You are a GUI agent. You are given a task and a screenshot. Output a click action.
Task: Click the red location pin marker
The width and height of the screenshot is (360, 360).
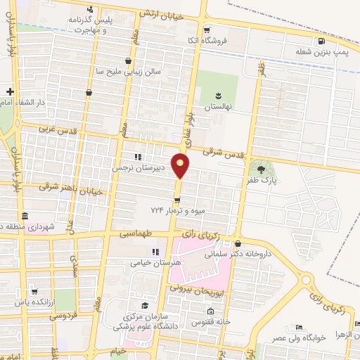tap(181, 165)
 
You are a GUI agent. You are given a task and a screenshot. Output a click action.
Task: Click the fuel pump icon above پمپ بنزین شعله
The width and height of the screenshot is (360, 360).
tap(321, 39)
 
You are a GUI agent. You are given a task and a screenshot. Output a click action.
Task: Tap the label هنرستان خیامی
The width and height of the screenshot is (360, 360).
tap(155, 263)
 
